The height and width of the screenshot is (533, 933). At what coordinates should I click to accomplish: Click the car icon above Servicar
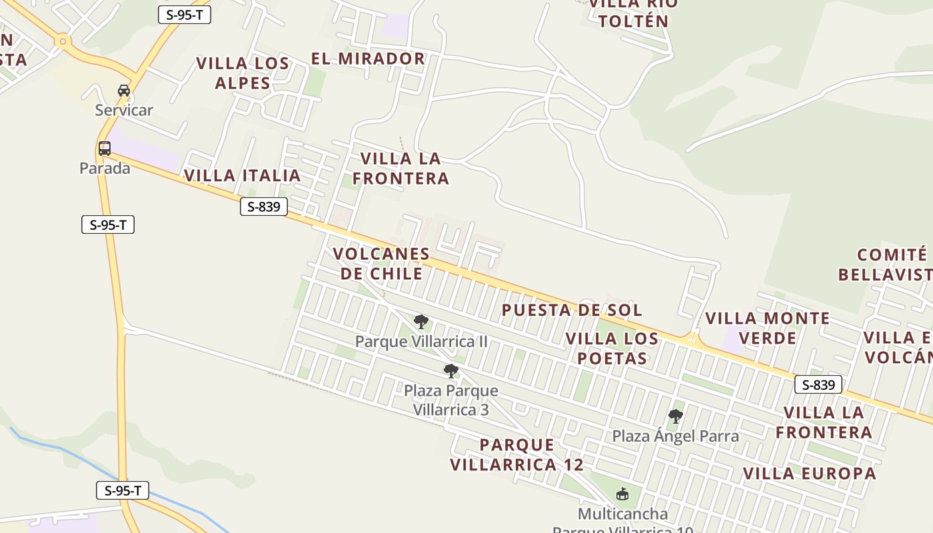[x=124, y=90]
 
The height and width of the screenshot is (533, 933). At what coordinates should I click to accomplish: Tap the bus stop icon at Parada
[x=105, y=149]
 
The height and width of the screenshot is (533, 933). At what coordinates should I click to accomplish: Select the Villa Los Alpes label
[x=243, y=73]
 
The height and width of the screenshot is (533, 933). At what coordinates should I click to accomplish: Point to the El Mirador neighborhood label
[x=368, y=59]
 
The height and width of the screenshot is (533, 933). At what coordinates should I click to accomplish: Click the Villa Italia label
[x=243, y=175]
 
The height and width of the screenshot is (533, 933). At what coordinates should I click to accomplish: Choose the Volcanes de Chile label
[x=381, y=264]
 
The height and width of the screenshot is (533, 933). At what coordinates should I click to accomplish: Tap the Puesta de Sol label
[x=572, y=310]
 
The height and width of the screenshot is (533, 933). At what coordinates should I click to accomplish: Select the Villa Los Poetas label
[x=612, y=348]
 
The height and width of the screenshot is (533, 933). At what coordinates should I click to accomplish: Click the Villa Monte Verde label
[x=768, y=328]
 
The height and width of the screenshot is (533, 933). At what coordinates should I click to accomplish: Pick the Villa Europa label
[x=809, y=473]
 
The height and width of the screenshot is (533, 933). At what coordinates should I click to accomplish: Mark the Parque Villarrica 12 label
[x=516, y=454]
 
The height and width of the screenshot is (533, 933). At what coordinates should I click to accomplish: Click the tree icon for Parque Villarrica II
[x=421, y=322]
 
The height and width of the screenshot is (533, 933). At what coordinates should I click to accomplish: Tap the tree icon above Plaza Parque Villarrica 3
[x=451, y=371]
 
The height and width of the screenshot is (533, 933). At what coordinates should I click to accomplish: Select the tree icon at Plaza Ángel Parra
[x=675, y=417]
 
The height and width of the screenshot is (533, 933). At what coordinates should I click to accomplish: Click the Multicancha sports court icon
[x=622, y=494]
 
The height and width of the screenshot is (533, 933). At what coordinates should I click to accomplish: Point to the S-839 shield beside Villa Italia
[x=263, y=207]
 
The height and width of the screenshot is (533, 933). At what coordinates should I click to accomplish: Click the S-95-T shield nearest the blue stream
[x=123, y=491]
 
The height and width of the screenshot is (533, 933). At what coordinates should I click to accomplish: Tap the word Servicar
[x=124, y=110]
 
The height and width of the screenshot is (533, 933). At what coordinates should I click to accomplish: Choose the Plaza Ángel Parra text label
[x=675, y=436]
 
